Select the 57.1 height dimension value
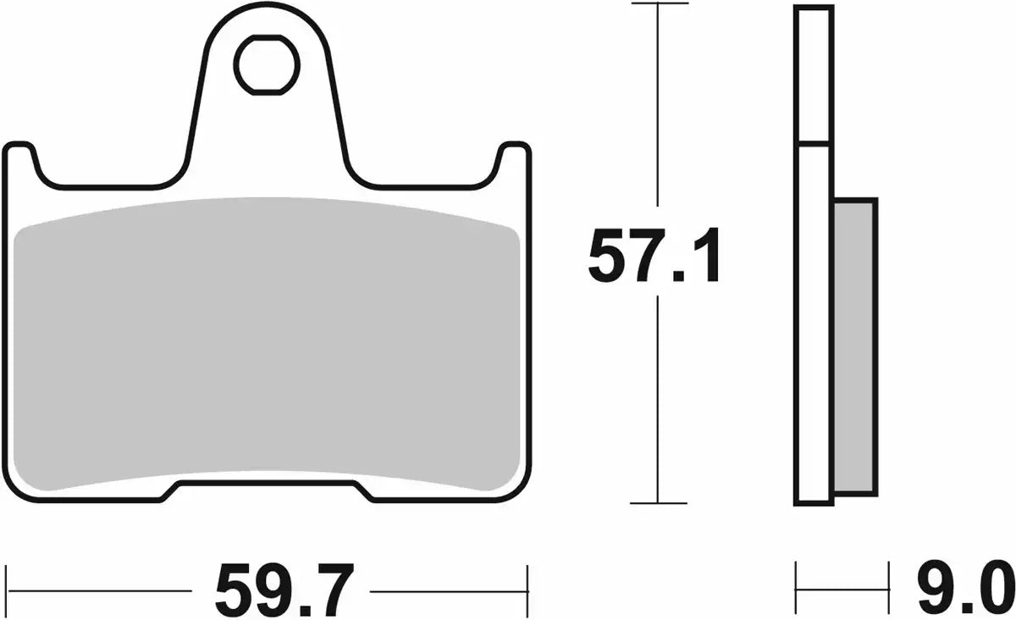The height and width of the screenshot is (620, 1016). (655, 257)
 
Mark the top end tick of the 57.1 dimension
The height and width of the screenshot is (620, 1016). (657, 4)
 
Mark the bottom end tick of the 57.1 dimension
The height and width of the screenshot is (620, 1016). (657, 504)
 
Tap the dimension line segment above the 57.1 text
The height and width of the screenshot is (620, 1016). (657, 110)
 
